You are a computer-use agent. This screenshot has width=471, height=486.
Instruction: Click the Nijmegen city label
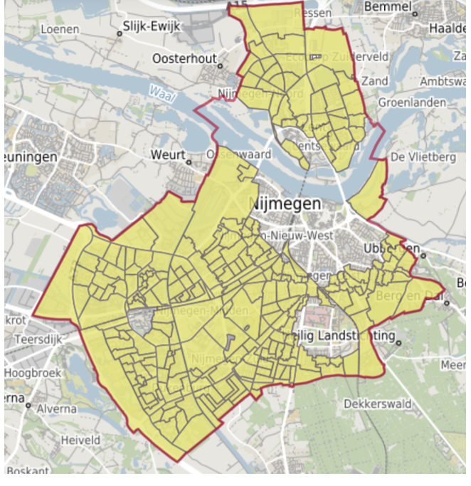point(286,204)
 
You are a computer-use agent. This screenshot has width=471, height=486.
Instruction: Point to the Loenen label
point(60,29)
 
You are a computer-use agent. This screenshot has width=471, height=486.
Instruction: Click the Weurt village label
point(167,154)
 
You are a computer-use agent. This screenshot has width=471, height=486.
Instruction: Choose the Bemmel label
point(388,7)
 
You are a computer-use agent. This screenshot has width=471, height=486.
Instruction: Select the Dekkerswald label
point(378,403)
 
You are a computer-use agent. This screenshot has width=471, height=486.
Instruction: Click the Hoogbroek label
point(35,372)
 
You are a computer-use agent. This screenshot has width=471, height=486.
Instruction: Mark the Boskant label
point(28,471)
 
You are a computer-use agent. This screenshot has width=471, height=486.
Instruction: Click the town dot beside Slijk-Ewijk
point(118,33)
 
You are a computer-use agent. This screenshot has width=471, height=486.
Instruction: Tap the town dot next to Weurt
point(189,161)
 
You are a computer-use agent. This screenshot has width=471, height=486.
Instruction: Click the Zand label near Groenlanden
point(375,81)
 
